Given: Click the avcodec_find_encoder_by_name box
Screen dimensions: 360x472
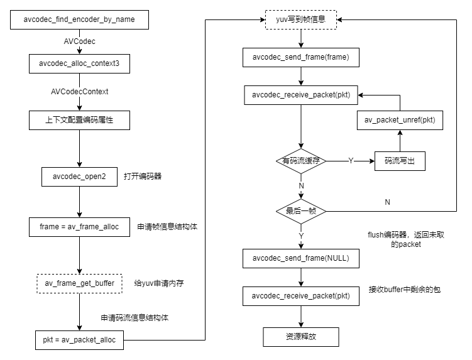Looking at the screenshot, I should (79, 19).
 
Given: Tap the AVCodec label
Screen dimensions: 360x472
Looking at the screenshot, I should (79, 41).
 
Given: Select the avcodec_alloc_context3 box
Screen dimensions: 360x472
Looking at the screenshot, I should (79, 63).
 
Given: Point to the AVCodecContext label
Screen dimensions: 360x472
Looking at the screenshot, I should (79, 92).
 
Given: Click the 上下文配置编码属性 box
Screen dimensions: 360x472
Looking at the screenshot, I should (79, 120).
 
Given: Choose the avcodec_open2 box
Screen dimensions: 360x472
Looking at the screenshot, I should (79, 177).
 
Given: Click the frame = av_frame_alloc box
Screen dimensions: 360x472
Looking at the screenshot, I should (79, 227).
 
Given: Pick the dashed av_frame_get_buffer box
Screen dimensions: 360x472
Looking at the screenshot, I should (79, 284).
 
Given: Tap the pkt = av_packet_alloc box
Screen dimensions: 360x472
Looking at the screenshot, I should (79, 340).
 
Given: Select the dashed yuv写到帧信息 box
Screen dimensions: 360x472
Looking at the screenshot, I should (301, 19).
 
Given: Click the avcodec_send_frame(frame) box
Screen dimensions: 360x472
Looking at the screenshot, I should (300, 58).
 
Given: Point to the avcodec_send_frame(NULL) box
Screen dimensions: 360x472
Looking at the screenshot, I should (300, 258).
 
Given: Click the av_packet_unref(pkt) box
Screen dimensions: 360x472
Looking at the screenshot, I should (400, 120).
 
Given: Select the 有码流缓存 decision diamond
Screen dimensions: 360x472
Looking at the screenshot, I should (301, 161).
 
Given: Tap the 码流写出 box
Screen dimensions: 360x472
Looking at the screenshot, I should (400, 161).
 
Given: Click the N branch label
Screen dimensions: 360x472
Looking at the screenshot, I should (301, 186).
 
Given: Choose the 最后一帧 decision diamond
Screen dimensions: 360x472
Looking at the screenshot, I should (301, 211).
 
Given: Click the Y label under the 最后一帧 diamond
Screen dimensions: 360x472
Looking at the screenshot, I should (301, 237).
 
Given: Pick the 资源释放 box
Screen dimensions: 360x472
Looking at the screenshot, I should (300, 337).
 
